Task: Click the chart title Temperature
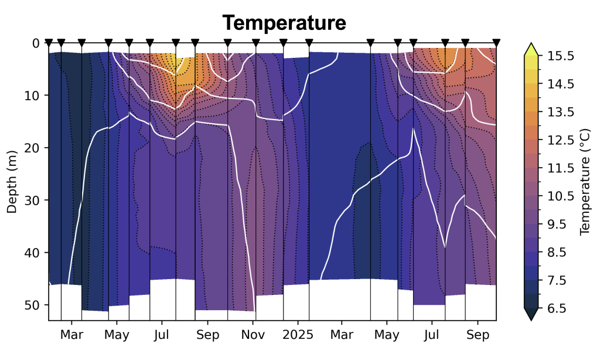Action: [x=284, y=23]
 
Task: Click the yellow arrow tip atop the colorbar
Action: [x=531, y=47]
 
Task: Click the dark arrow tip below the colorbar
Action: [x=531, y=317]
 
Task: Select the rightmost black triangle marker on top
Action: [x=496, y=42]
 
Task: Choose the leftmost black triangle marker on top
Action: [x=49, y=42]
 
